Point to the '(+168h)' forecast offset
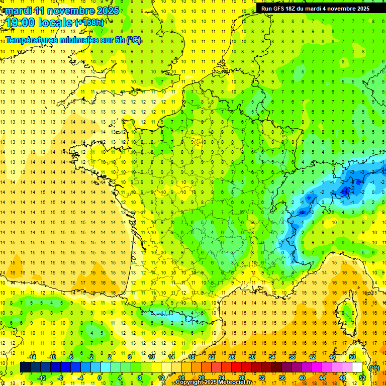[89, 22]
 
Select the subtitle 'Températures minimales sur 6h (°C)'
[73, 40]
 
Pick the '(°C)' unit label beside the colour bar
[374, 368]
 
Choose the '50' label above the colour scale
[352, 357]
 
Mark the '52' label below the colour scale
[362, 378]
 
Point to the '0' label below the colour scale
[100, 378]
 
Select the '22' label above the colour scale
[212, 357]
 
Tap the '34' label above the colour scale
[271, 357]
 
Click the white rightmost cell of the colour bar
[357, 368]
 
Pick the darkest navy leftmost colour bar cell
[25, 368]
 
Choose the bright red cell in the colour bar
[237, 368]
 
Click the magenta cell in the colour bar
[317, 368]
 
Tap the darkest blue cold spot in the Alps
[345, 190]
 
